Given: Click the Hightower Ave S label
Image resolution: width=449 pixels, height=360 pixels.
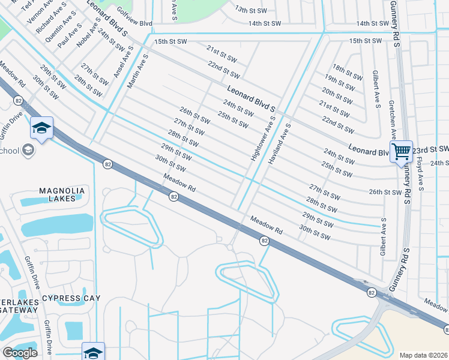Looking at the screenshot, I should (x=263, y=138).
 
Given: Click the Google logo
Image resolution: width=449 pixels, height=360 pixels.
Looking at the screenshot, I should (x=20, y=353).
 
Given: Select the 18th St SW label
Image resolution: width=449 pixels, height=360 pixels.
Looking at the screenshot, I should (x=348, y=72).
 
